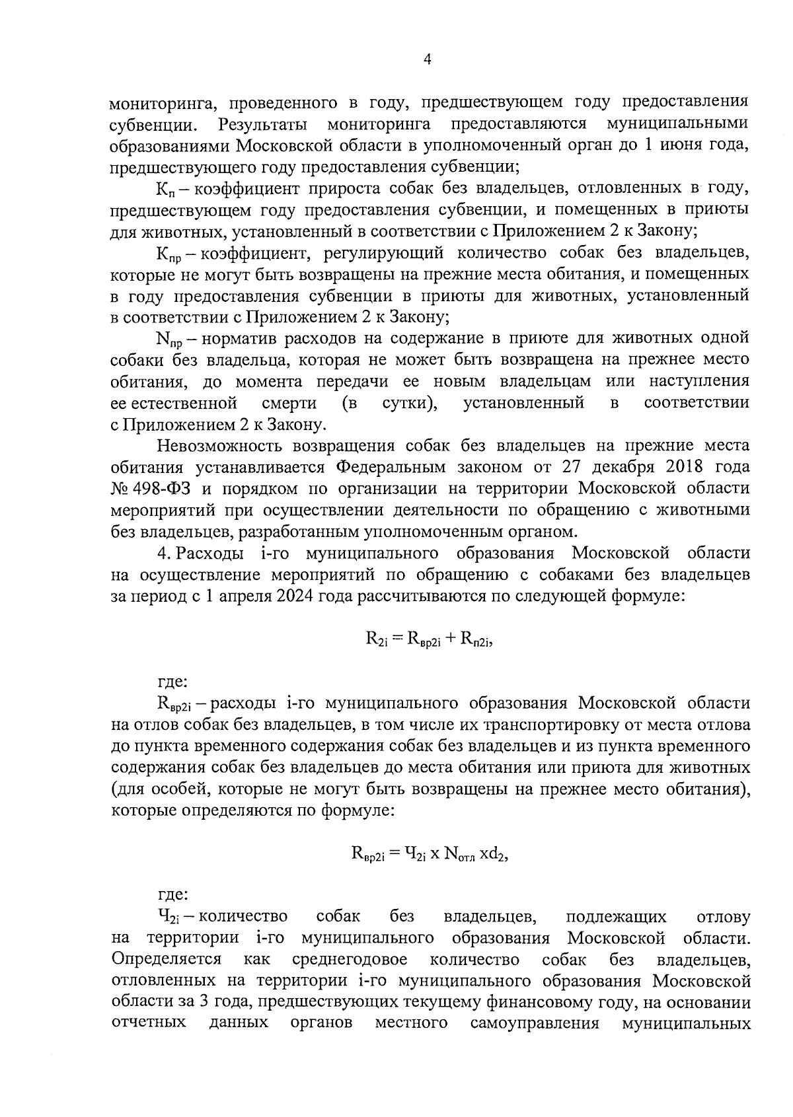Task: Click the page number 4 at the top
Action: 427,60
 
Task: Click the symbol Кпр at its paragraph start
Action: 169,253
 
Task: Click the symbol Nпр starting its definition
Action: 169,340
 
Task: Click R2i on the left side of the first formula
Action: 376,639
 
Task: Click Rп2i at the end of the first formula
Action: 476,639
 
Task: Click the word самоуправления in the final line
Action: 535,1023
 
